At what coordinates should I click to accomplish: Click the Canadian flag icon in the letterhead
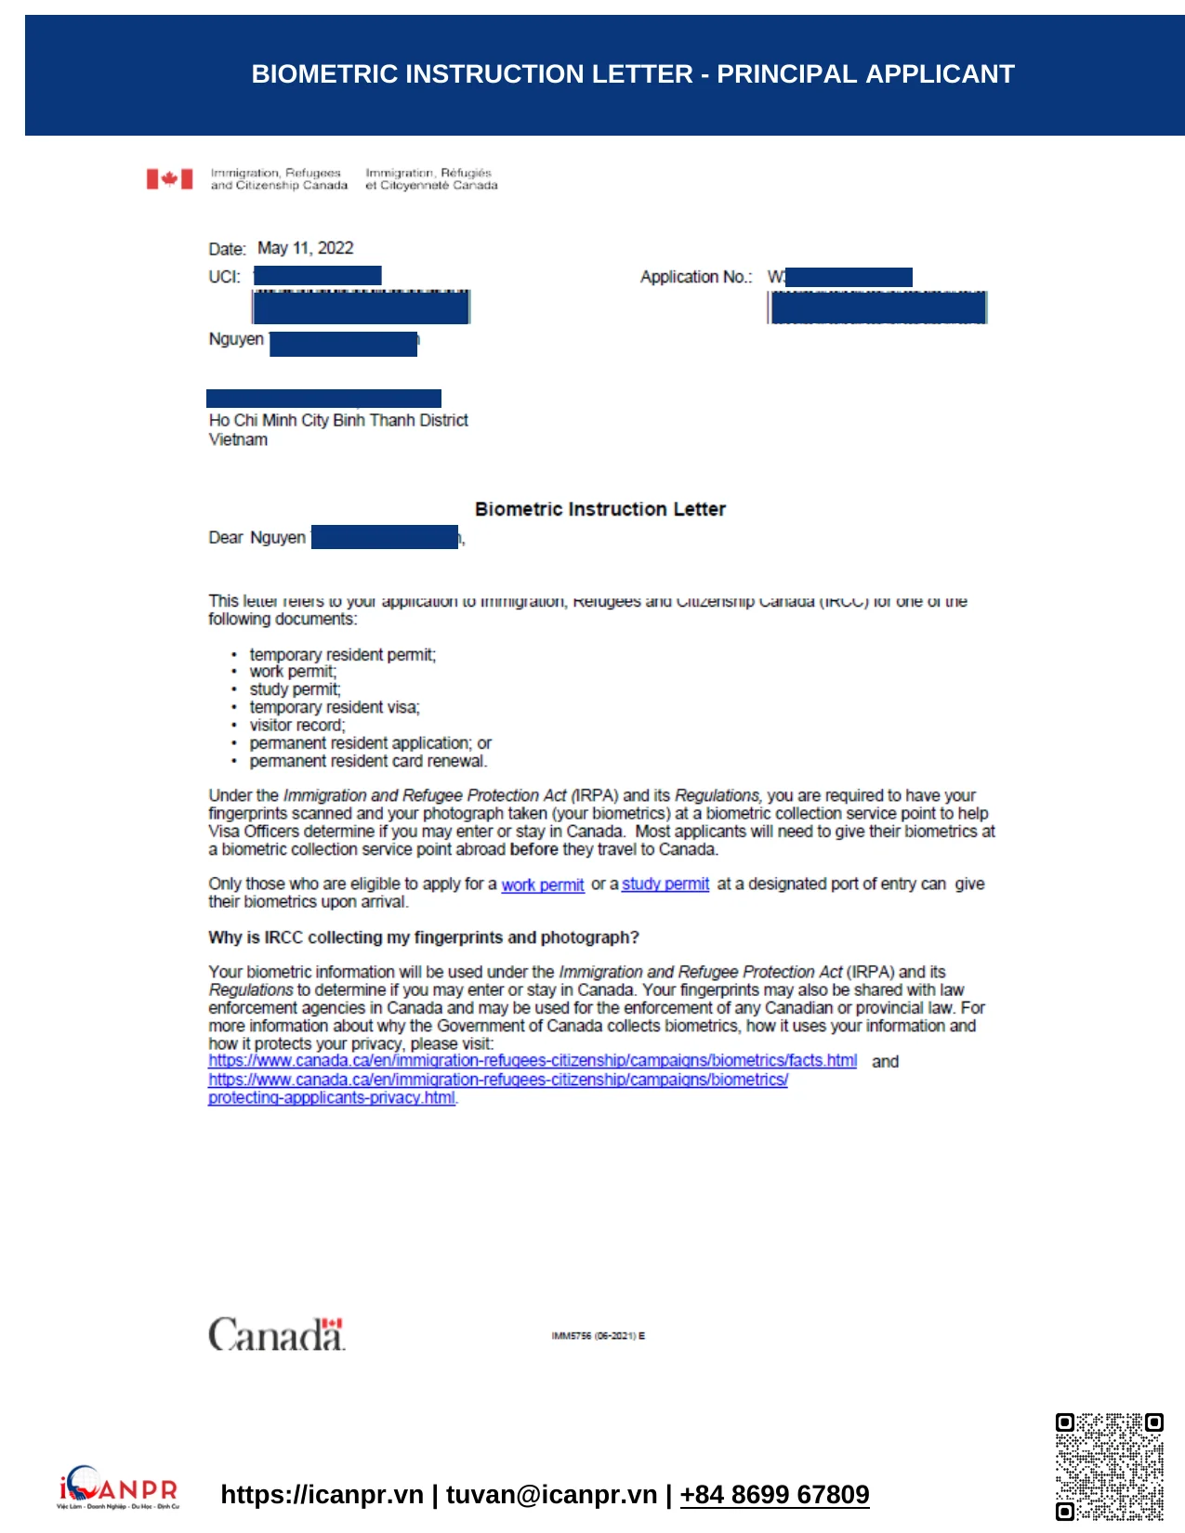point(169,178)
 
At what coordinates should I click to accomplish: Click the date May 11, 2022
point(305,248)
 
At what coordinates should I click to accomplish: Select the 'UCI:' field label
point(224,277)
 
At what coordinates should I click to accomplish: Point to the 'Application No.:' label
point(695,277)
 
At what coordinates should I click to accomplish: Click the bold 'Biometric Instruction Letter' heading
point(599,509)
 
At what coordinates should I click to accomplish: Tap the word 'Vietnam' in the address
point(238,439)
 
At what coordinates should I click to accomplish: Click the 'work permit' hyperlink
point(543,884)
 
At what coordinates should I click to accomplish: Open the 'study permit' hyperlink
point(665,884)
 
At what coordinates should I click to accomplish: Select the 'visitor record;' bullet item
point(296,725)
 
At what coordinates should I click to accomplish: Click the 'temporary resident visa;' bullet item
point(335,707)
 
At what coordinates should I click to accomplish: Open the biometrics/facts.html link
point(533,1061)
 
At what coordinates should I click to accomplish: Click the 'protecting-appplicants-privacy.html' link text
point(332,1097)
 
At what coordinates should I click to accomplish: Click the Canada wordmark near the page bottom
point(276,1334)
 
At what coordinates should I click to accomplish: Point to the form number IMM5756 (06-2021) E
point(598,1336)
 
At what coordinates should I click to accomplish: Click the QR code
point(1109,1466)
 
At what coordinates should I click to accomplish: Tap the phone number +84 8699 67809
point(774,1494)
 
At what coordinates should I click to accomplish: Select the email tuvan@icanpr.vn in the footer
point(551,1494)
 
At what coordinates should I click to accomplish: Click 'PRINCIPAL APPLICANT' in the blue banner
point(865,74)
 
